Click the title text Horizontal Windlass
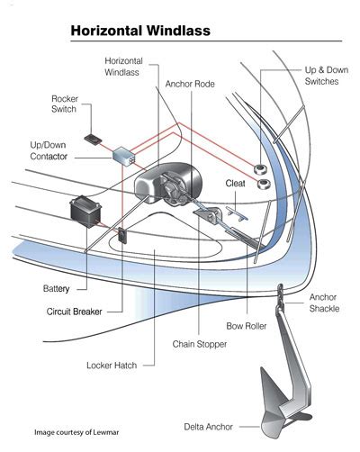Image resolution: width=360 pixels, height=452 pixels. point(140,31)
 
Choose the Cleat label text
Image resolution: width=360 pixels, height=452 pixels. point(237,183)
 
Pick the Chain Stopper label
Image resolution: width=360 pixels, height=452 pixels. point(199,343)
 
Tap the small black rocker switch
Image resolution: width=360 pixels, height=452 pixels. point(94,138)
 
